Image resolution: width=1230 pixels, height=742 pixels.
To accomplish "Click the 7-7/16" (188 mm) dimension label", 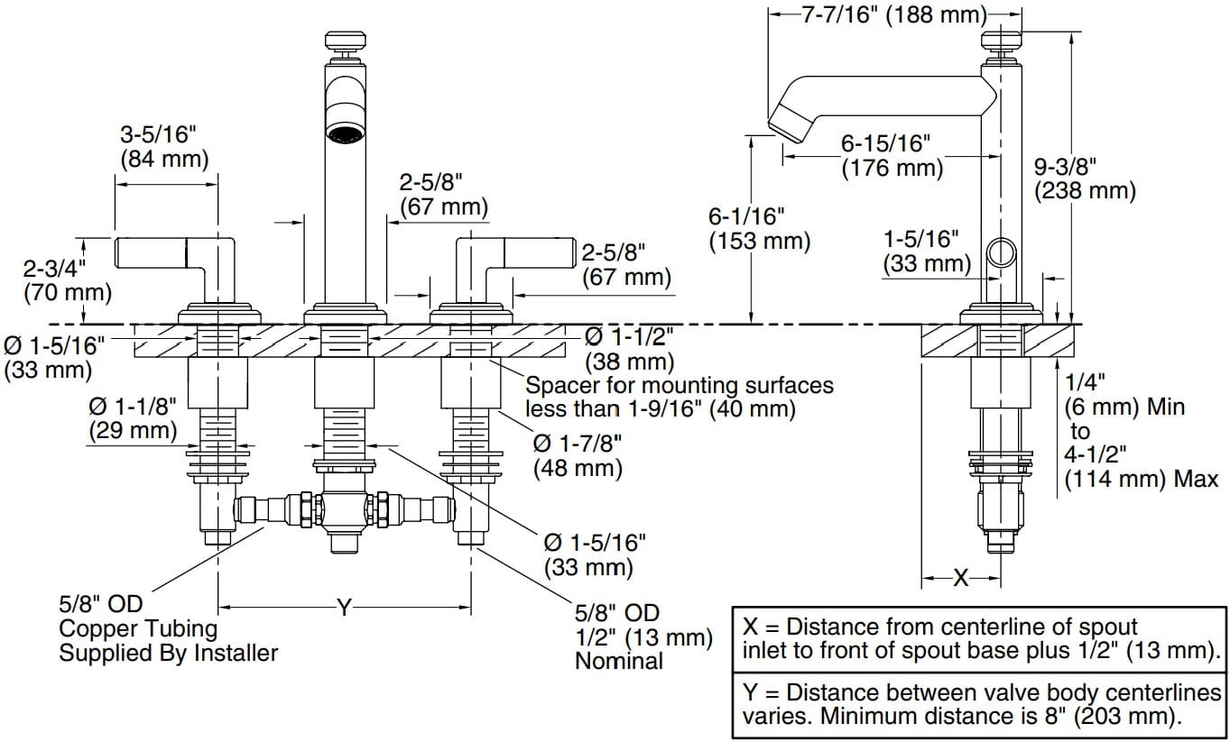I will coord(893,15).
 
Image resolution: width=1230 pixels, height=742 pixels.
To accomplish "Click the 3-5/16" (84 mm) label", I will coord(163,147).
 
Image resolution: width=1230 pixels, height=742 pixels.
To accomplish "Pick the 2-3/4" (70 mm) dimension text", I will coord(67,280).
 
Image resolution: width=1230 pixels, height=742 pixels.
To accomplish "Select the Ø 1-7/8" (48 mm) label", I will coord(577,456).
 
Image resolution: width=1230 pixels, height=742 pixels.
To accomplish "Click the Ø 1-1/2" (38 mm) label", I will coord(629,349).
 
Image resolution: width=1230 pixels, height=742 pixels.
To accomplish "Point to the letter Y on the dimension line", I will coord(344,608).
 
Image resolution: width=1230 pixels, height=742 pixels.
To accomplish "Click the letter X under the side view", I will coord(960,578).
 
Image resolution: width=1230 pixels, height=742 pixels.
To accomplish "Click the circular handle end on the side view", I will coord(998,252).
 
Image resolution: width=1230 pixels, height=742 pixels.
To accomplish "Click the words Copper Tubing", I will coord(138,628).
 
